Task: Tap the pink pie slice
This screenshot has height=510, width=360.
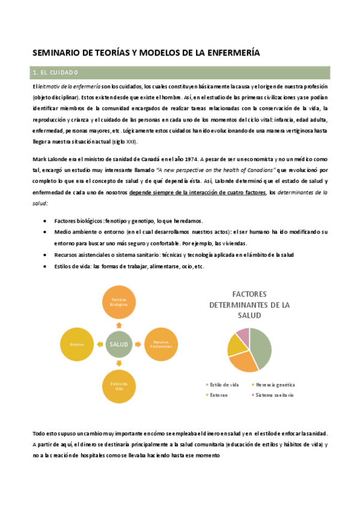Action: tap(243, 335)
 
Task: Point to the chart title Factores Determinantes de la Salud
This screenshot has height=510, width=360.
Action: tap(249, 305)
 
